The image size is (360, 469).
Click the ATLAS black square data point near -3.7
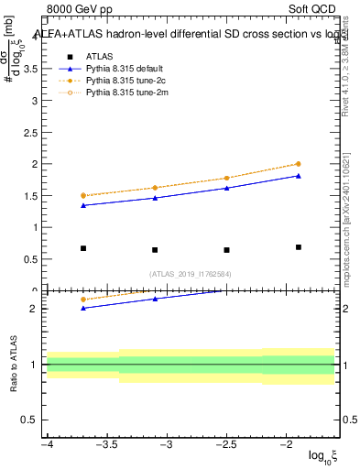click(83, 248)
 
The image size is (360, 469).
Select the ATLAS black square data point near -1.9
click(299, 247)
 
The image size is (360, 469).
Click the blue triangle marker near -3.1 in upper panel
click(155, 198)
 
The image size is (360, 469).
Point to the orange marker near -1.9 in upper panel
click(299, 164)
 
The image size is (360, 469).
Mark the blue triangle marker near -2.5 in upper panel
click(226, 188)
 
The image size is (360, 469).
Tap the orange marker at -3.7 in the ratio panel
click(83, 300)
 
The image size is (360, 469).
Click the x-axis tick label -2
click(285, 444)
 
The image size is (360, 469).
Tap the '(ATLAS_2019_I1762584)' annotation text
click(191, 273)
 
